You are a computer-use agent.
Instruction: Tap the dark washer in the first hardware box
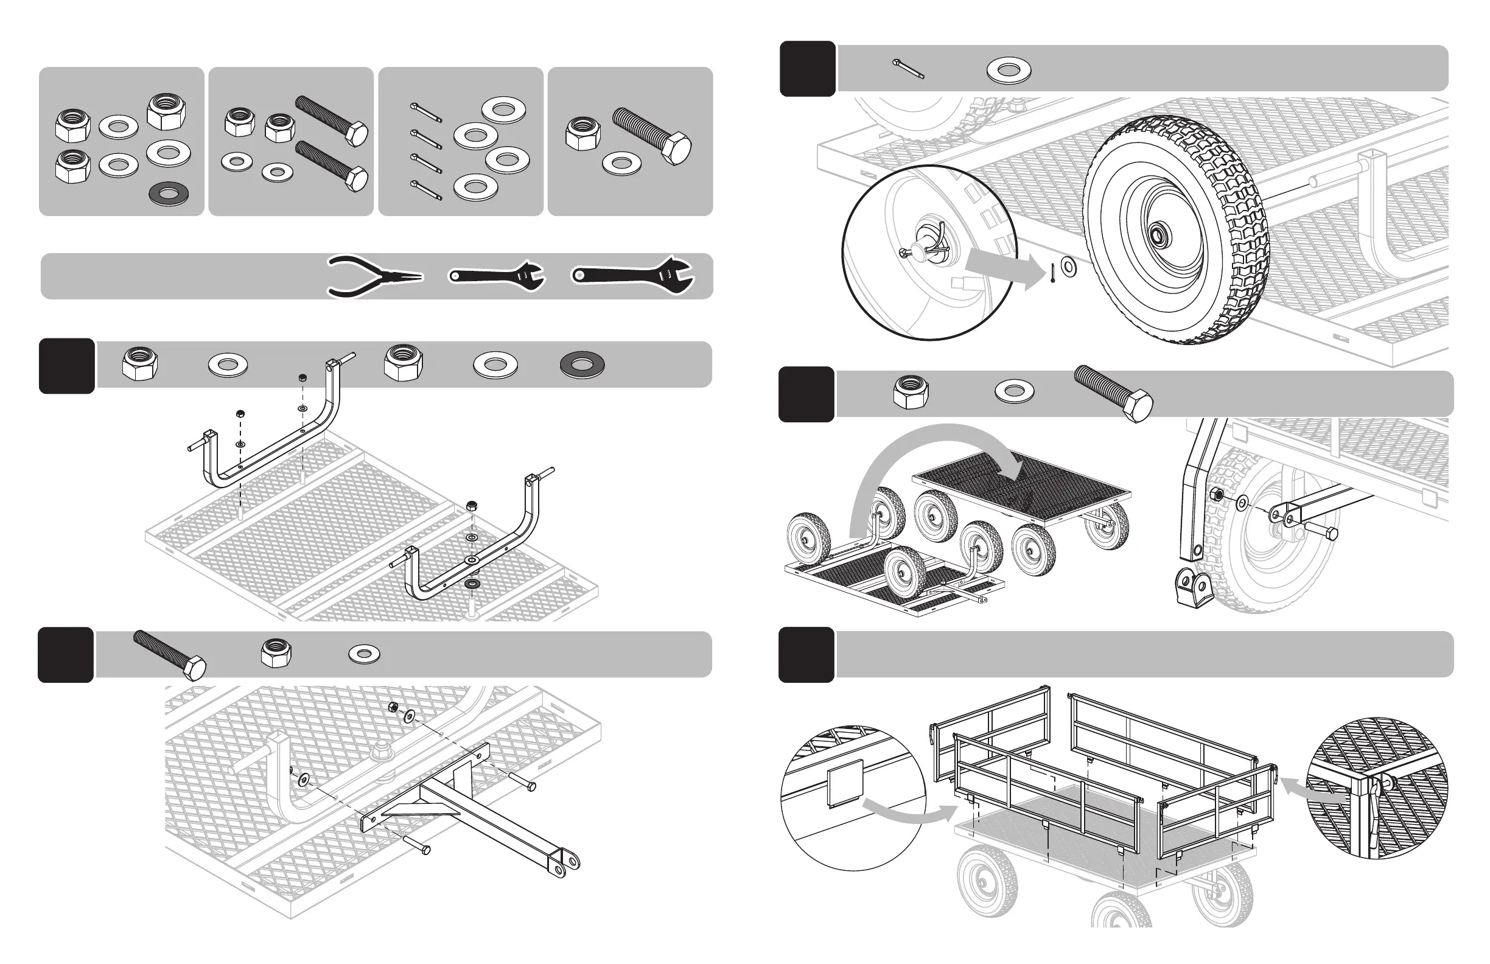[x=170, y=194]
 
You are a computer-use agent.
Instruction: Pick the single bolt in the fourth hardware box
[x=652, y=136]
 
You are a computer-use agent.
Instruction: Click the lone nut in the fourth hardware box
[x=582, y=133]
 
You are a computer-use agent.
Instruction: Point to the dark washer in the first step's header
[x=582, y=365]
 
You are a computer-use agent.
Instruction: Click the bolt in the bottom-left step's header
[x=170, y=655]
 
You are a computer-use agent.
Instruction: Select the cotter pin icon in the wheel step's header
[x=908, y=69]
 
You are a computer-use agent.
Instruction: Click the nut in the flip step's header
[x=911, y=392]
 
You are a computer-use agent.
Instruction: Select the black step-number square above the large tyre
[x=807, y=69]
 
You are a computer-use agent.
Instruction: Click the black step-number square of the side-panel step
[x=806, y=655]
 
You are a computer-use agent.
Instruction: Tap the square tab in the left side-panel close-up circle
[x=845, y=783]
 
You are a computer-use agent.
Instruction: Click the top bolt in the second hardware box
[x=331, y=119]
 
